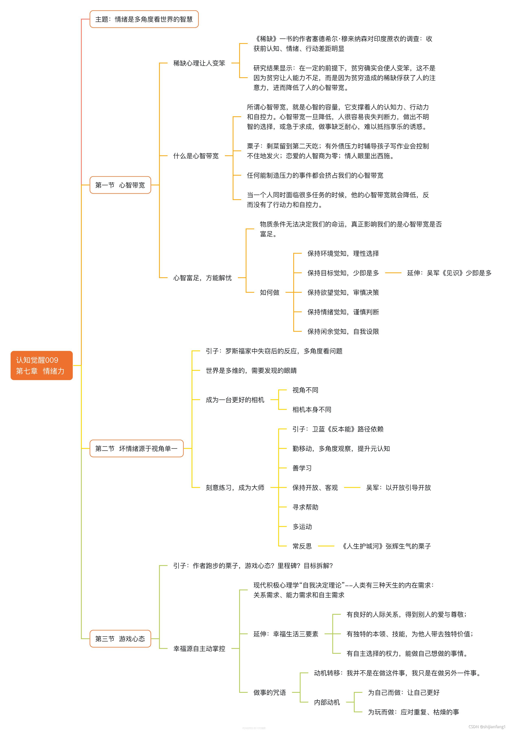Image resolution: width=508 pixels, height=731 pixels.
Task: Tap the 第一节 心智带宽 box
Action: (120, 185)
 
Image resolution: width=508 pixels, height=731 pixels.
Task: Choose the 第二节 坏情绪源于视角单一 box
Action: (136, 448)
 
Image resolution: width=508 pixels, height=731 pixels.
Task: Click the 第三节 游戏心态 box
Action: (120, 639)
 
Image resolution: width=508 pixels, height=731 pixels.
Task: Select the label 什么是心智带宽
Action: (196, 156)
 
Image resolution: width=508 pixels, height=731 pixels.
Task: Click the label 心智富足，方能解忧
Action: (202, 278)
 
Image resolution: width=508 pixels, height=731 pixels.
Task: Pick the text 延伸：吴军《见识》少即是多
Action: (449, 273)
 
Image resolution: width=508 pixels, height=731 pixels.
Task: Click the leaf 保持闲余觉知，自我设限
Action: (343, 332)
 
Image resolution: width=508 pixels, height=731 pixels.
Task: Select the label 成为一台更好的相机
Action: (235, 400)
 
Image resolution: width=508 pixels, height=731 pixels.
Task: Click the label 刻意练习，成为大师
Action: (235, 488)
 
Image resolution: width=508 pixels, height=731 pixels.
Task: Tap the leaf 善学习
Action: (302, 468)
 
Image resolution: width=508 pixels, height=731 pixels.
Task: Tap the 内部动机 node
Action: (327, 702)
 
